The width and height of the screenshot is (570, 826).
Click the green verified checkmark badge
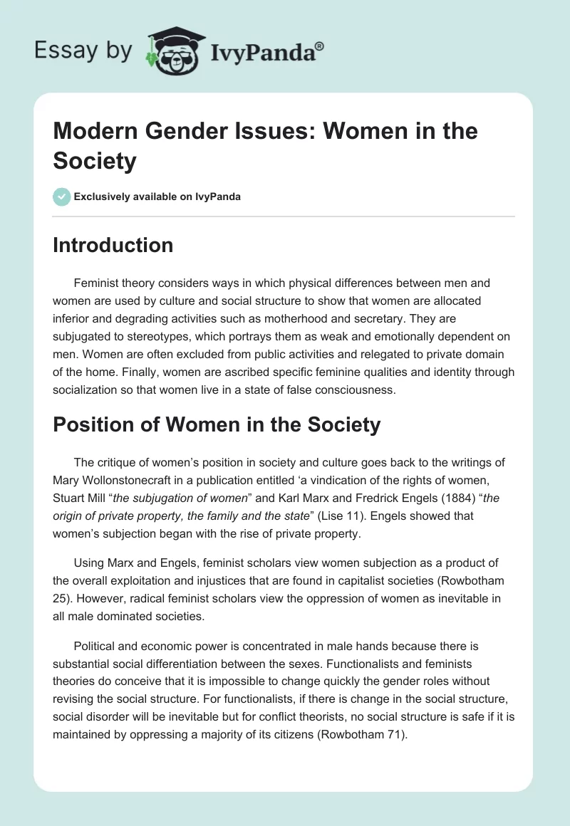point(61,197)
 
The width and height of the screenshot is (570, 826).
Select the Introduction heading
point(113,245)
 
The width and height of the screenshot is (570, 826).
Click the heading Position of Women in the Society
point(217,425)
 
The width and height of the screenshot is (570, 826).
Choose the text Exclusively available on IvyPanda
point(157,197)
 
